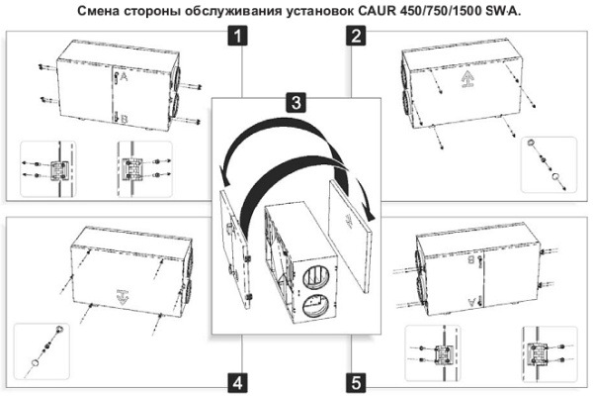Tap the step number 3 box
[x=296, y=102]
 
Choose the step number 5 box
[x=354, y=381]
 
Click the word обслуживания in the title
[x=252, y=10]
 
